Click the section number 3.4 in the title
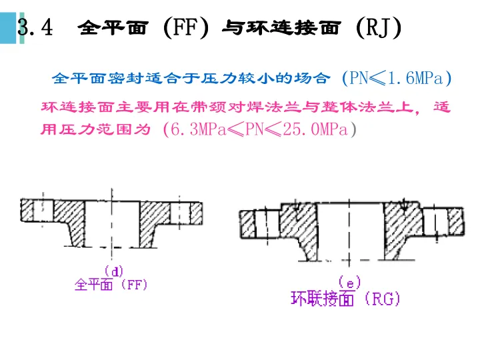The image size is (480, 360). click(x=35, y=28)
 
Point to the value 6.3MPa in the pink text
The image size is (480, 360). click(x=197, y=129)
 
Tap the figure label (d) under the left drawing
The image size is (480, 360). click(x=114, y=271)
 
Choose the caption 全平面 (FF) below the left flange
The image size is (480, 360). click(x=111, y=285)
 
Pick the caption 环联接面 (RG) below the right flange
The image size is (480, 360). click(x=345, y=299)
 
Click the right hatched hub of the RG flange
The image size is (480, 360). click(x=403, y=227)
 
